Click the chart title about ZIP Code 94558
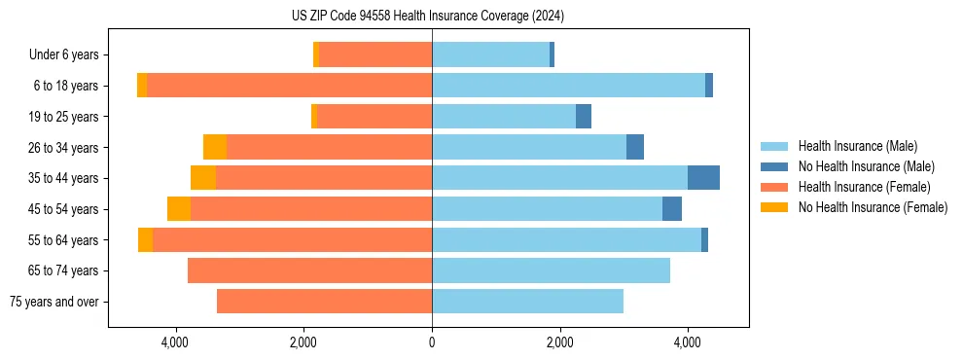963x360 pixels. pos(428,16)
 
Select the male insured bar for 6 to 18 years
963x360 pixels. pos(568,86)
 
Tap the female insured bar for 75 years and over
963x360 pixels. pos(324,302)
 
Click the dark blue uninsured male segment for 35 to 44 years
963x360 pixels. pos(703,178)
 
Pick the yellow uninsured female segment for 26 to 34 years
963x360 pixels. pos(215,147)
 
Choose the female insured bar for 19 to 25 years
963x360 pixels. pos(374,117)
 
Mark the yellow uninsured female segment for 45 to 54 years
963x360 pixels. pos(179,209)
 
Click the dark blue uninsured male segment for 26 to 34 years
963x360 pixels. pos(635,147)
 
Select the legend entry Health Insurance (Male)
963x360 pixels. pos(856,146)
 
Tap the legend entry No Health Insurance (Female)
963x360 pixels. pos(872,207)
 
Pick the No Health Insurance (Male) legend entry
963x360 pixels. pos(866,166)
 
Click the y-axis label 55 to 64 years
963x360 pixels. pos(65,240)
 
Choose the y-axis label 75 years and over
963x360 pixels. pos(54,302)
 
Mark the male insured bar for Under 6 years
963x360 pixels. pos(490,54)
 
